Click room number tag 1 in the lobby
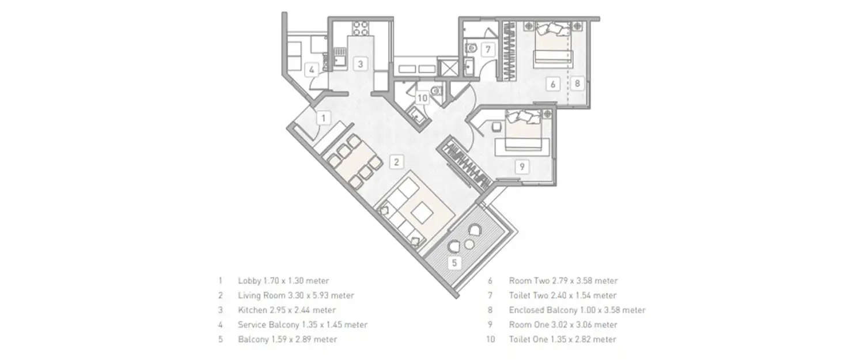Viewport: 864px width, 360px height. tap(324, 118)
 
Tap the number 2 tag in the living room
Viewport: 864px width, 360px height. tap(396, 162)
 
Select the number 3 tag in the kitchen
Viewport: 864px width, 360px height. tap(359, 64)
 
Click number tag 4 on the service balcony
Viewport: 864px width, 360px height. tap(312, 70)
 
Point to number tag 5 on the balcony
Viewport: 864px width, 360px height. tap(454, 263)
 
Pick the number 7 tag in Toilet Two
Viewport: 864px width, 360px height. tap(487, 49)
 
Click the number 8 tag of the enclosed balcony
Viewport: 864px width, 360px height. tap(578, 83)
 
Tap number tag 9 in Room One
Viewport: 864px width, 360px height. tap(521, 167)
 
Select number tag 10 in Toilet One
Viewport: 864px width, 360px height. tap(422, 98)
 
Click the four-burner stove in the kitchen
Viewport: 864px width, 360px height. tap(361, 28)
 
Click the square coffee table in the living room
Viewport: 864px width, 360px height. tap(423, 213)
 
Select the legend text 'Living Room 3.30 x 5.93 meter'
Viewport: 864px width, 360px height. tap(295, 295)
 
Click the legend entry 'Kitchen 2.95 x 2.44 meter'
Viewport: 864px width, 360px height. tap(286, 310)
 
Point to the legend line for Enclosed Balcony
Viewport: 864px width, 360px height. tap(577, 310)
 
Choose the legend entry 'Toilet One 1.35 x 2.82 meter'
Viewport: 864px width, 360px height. tap(562, 339)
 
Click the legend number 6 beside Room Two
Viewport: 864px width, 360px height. tap(490, 281)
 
